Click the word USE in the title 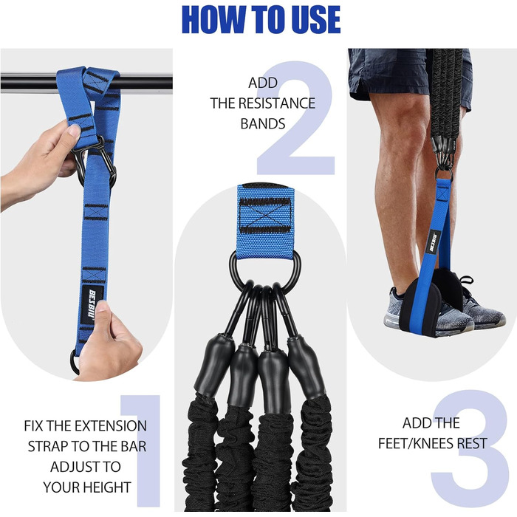tap(313, 19)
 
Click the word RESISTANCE tap(277, 103)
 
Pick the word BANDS tap(263, 123)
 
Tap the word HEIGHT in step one tap(108, 487)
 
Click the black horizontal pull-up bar tap(86, 83)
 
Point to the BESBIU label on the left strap tap(92, 304)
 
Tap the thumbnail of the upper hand tap(74, 131)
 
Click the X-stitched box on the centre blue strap tap(265, 216)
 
